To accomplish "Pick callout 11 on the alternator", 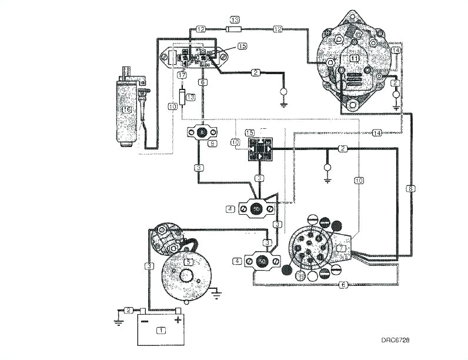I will [354, 58].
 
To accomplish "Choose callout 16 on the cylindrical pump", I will [125, 109].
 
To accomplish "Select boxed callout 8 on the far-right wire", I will [410, 189].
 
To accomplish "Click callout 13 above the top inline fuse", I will [235, 19].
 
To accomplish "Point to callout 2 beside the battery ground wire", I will [128, 310].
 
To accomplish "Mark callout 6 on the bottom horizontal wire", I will [343, 285].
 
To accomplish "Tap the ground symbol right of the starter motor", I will [219, 291].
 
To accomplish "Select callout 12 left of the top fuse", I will [200, 28].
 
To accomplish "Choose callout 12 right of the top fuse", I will [278, 28].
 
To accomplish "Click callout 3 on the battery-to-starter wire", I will [150, 266].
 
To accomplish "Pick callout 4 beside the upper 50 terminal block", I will [231, 208].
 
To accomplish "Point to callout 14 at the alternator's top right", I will [395, 51].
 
